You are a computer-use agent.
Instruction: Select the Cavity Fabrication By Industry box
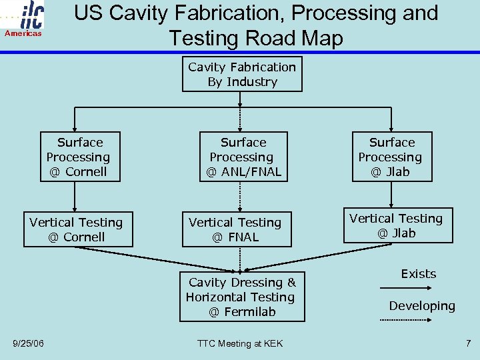tap(242, 74)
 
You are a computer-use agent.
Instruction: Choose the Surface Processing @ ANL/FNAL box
tap(243, 157)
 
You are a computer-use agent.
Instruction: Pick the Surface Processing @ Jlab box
tap(391, 157)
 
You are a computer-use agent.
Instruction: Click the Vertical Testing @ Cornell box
tap(76, 229)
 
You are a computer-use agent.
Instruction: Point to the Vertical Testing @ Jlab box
tap(396, 225)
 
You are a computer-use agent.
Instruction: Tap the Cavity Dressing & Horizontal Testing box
tap(241, 297)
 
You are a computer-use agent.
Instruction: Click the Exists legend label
tap(418, 274)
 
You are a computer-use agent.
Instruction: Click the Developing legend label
tap(422, 306)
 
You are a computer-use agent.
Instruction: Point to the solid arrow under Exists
tap(407, 288)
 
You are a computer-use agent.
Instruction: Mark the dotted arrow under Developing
tap(407, 321)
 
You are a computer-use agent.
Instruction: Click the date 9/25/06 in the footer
tap(29, 343)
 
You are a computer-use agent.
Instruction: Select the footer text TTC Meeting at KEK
tap(240, 343)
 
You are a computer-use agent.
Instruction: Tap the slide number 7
tap(468, 343)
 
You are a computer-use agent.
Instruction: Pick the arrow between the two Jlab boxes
tap(392, 194)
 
